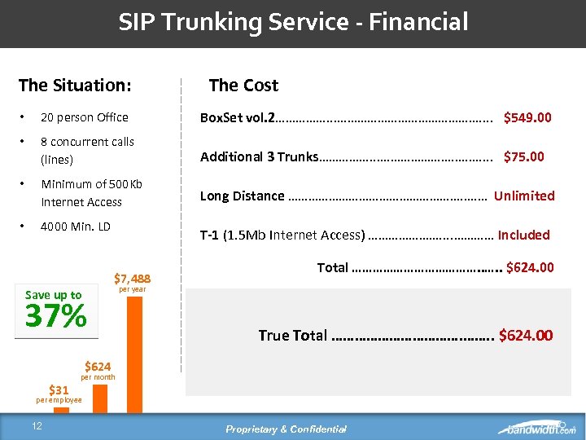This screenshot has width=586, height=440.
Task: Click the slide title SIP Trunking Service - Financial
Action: [293, 22]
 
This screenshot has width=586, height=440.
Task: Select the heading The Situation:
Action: [75, 85]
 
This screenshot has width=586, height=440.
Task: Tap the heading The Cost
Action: [243, 85]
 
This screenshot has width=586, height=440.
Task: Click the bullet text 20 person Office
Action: [85, 117]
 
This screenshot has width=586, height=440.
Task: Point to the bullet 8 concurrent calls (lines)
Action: [87, 150]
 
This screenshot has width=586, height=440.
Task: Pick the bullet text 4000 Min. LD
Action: [76, 226]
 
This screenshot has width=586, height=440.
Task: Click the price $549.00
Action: [527, 117]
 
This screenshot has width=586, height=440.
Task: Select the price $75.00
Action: [524, 156]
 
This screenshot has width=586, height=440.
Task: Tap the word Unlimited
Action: [524, 196]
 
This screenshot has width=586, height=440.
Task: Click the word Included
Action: [523, 235]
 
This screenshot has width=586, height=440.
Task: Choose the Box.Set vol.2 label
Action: [238, 117]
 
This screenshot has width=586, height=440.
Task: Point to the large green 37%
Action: [56, 316]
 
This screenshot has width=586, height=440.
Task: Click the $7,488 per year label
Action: [131, 282]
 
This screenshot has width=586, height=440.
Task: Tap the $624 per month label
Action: [98, 370]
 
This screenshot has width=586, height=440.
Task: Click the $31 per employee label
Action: [59, 394]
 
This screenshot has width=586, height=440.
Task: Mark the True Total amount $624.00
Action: [525, 335]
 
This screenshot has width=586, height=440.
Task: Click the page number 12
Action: [37, 427]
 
